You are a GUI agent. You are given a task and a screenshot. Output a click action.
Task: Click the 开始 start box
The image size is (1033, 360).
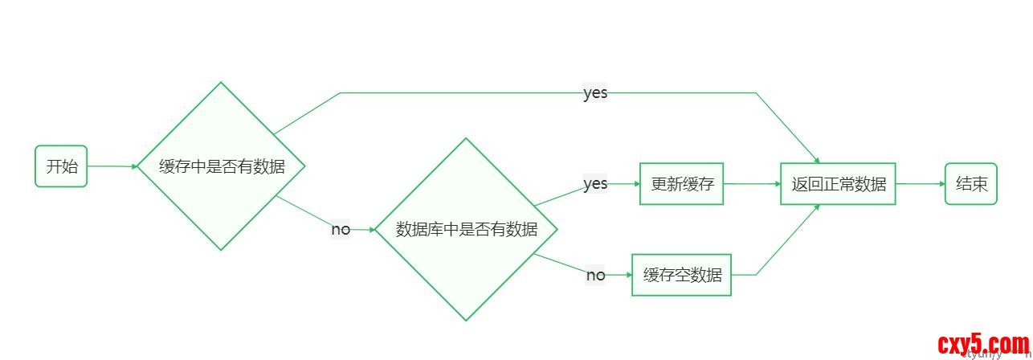click(x=61, y=166)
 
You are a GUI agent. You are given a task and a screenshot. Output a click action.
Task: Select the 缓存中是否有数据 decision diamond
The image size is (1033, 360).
click(x=221, y=166)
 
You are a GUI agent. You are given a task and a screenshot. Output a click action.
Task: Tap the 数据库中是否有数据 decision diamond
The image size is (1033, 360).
click(x=466, y=229)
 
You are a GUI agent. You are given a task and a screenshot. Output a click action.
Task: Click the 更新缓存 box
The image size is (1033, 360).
click(x=681, y=183)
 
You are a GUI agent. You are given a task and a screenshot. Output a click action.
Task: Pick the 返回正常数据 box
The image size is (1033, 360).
click(x=838, y=183)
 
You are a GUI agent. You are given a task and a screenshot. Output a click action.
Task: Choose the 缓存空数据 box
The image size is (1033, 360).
click(x=681, y=275)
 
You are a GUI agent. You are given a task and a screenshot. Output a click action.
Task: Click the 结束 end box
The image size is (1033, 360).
click(x=970, y=183)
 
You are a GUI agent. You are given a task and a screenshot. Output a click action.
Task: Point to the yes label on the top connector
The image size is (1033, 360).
click(x=595, y=93)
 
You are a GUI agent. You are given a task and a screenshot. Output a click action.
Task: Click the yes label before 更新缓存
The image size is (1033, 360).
click(x=595, y=184)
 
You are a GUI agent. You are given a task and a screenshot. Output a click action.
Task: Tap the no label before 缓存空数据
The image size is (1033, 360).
click(x=595, y=276)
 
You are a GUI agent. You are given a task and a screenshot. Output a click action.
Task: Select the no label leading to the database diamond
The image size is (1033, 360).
click(x=341, y=230)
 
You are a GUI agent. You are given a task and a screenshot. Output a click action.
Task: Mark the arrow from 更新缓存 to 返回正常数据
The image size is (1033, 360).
click(x=751, y=183)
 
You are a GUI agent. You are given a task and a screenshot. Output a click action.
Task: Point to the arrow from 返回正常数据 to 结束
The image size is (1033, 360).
click(x=920, y=183)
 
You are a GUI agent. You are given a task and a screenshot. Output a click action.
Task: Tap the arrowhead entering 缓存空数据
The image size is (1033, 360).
click(x=628, y=275)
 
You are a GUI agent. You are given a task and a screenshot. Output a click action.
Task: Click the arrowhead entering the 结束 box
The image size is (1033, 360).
click(x=941, y=183)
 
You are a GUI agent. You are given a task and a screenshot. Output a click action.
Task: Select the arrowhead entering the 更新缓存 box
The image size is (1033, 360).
click(x=636, y=183)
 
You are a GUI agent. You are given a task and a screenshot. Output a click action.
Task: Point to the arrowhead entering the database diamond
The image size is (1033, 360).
click(x=371, y=230)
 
